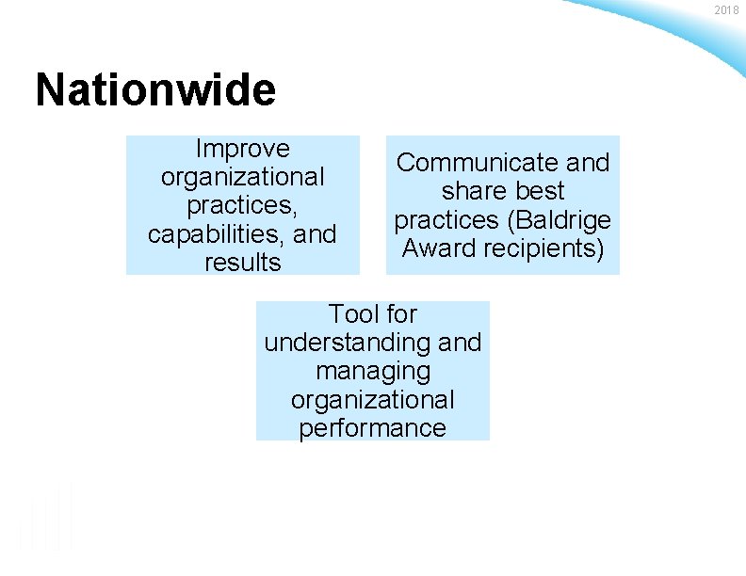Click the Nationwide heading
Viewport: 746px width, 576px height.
click(155, 91)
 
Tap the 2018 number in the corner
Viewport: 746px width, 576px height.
click(726, 10)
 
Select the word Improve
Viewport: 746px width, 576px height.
click(242, 149)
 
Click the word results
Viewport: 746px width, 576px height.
click(242, 263)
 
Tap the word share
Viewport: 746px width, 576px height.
click(471, 191)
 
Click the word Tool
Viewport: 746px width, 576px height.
click(351, 313)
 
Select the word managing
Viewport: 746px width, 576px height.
click(373, 372)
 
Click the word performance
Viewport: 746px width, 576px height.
click(373, 428)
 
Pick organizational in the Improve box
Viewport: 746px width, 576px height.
click(242, 177)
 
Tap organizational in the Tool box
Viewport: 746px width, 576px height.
click(373, 400)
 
